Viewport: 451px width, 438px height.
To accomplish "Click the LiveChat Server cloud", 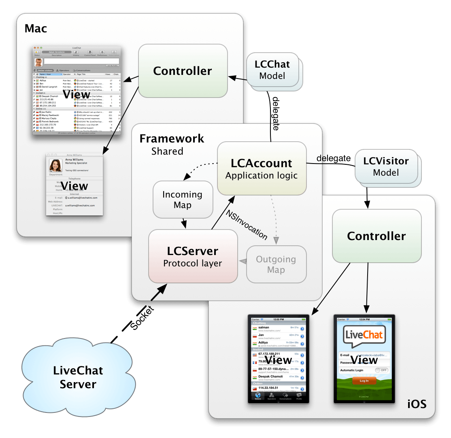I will [x=78, y=376].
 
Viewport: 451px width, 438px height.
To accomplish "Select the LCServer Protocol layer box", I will [x=193, y=257].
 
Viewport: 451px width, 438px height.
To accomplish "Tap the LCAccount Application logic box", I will [x=262, y=168].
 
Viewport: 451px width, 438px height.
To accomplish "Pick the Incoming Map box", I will [x=183, y=200].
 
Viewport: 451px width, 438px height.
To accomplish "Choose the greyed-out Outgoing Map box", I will [x=276, y=264].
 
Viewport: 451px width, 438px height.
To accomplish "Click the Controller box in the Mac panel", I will [x=183, y=71].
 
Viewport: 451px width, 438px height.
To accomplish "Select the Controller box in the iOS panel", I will [x=377, y=236].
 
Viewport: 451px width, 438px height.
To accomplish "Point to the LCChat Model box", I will [x=272, y=70].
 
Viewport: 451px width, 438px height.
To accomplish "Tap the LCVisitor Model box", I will [x=386, y=166].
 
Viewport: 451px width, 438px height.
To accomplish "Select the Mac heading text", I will [x=36, y=28].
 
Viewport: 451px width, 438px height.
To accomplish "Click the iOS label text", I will [x=417, y=404].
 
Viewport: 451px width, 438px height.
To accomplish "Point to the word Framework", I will [x=172, y=138].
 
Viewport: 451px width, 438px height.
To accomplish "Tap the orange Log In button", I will [x=364, y=381].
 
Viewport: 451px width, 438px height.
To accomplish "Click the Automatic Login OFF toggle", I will [x=381, y=370].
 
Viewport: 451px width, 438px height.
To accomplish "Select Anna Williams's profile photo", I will [x=55, y=165].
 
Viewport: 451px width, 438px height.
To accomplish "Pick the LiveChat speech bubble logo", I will [x=364, y=336].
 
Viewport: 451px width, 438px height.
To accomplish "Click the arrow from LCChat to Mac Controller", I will [x=237, y=77].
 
